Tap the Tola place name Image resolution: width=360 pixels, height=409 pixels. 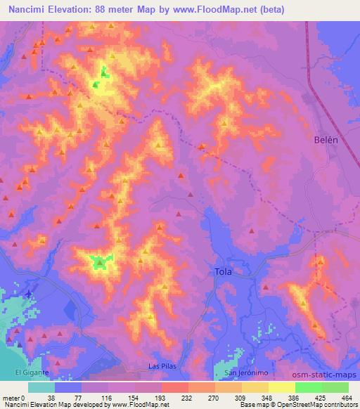click(x=223, y=271)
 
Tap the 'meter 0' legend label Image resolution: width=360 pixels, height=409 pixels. click(x=13, y=397)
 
